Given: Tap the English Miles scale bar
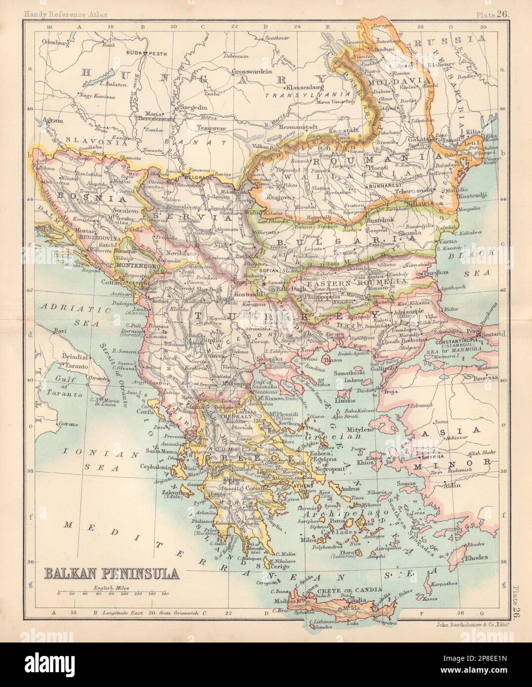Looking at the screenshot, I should (x=113, y=593).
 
